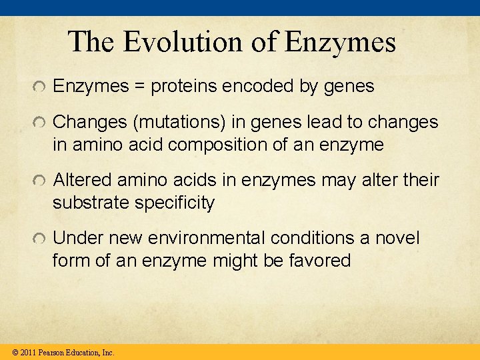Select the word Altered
pyautogui.click(x=83, y=181)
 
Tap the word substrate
pyautogui.click(x=91, y=203)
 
